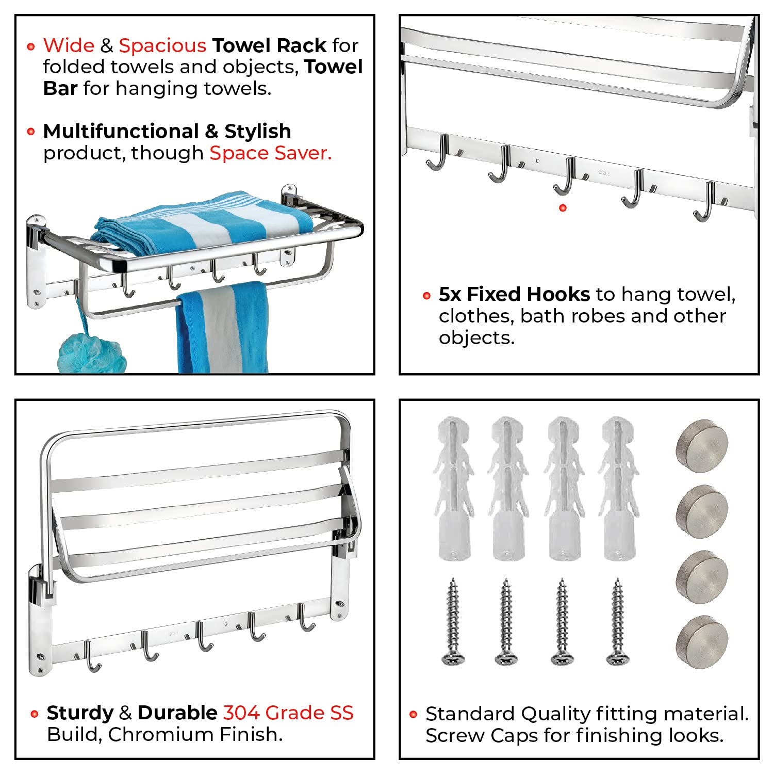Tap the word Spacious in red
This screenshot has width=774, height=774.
[162, 45]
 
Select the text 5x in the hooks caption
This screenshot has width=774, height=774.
[450, 294]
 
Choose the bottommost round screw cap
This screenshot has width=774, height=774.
[702, 641]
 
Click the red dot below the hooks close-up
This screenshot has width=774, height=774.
[563, 208]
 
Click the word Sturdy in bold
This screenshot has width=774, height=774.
[79, 713]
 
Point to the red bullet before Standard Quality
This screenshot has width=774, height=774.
[413, 715]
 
